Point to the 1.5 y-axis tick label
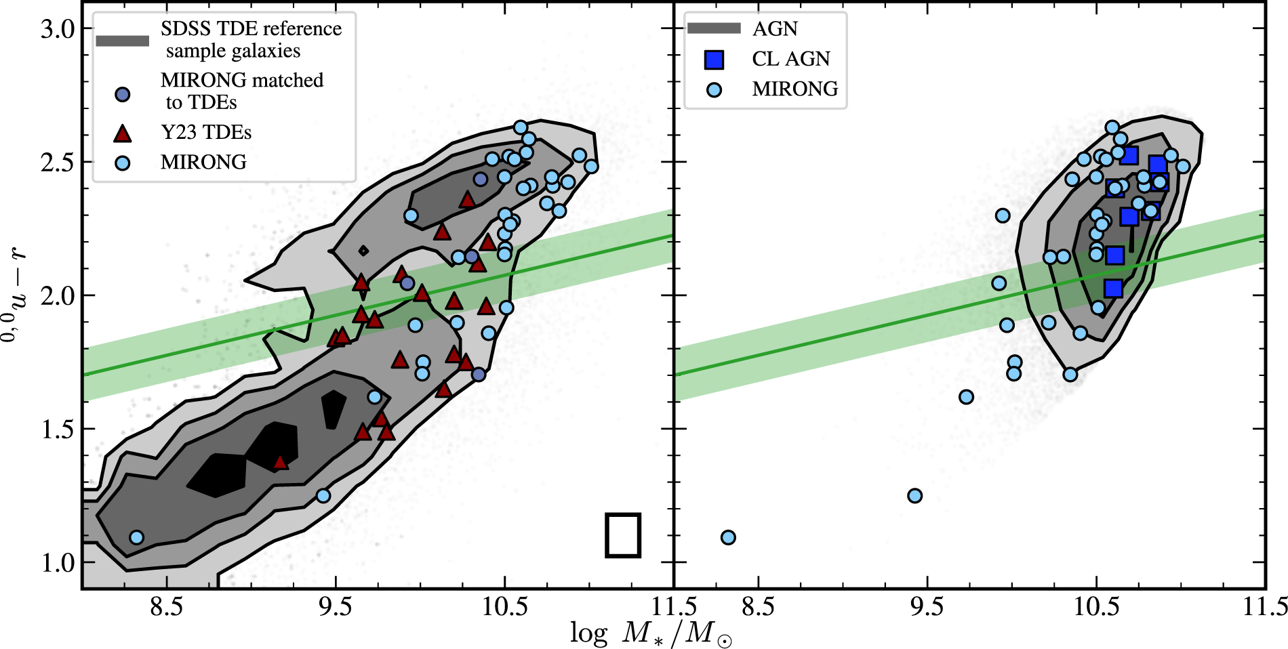(57, 430)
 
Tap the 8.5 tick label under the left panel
(166, 606)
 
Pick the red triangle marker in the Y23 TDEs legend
(123, 133)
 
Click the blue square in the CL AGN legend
(714, 60)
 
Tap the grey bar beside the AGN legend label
(714, 28)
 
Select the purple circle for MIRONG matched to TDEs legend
(123, 94)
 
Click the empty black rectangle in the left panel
(623, 535)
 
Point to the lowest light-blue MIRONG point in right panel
(728, 537)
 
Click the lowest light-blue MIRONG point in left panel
(136, 537)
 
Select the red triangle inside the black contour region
(280, 463)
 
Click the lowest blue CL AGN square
(1113, 289)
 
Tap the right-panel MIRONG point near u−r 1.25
(914, 496)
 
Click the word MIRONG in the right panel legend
(794, 89)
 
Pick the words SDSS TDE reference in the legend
(251, 29)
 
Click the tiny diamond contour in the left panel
(363, 251)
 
